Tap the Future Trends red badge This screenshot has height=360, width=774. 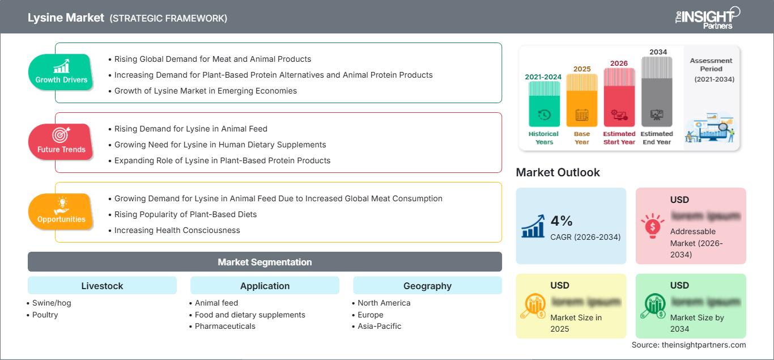[x=61, y=142]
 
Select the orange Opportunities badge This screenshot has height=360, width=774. [x=61, y=211]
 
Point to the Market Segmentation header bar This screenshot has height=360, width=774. [x=265, y=262]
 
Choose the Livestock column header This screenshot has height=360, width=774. [x=102, y=286]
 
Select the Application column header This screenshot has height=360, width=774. [x=265, y=286]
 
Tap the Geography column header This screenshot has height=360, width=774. [x=427, y=286]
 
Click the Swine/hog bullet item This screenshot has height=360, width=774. [x=52, y=303]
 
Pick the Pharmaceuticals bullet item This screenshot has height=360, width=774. [x=225, y=326]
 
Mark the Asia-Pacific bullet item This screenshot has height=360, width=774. [x=379, y=326]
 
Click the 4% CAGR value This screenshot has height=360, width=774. [x=561, y=222]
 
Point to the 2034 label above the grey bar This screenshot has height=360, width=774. [x=658, y=52]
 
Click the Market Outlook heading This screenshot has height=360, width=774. [x=558, y=172]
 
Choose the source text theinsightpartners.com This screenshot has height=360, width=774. [x=688, y=345]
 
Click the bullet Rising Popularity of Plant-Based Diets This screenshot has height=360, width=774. [x=185, y=214]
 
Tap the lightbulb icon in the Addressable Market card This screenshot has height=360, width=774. [x=653, y=226]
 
